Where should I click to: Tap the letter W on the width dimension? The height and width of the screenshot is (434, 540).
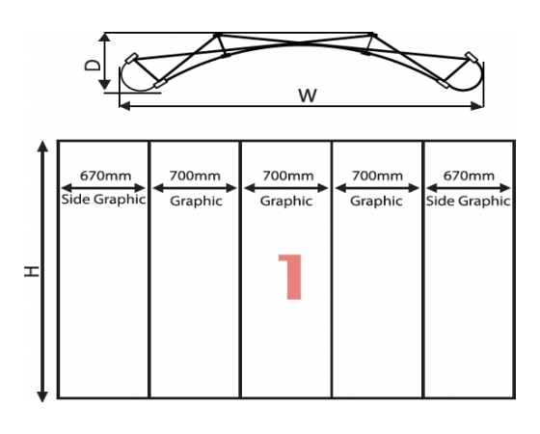tap(308, 95)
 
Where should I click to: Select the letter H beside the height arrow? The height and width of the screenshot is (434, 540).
tap(31, 271)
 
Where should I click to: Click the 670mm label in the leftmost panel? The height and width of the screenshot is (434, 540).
tap(105, 176)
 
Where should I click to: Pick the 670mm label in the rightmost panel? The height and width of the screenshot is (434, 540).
tap(469, 176)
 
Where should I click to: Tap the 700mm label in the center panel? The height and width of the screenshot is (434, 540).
tap(288, 176)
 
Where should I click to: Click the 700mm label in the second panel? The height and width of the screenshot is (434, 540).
tap(195, 176)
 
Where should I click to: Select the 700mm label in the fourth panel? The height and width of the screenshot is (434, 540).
tap(377, 176)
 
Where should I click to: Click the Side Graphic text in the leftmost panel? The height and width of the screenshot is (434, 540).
tap(103, 200)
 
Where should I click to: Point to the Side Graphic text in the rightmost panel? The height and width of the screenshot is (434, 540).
tap(468, 201)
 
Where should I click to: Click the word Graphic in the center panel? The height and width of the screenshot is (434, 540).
tap(286, 202)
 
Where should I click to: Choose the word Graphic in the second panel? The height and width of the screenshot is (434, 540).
tap(196, 202)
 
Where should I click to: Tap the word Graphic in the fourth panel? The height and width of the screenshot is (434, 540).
tap(376, 202)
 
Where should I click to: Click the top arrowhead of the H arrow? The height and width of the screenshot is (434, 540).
tap(42, 146)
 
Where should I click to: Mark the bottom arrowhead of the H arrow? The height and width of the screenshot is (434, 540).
tap(42, 396)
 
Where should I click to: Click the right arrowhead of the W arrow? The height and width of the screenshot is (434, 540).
tap(477, 106)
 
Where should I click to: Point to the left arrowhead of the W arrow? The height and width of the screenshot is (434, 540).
tap(125, 106)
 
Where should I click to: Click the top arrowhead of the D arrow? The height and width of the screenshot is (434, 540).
tap(104, 38)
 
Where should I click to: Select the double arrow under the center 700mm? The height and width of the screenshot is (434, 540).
tap(286, 188)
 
